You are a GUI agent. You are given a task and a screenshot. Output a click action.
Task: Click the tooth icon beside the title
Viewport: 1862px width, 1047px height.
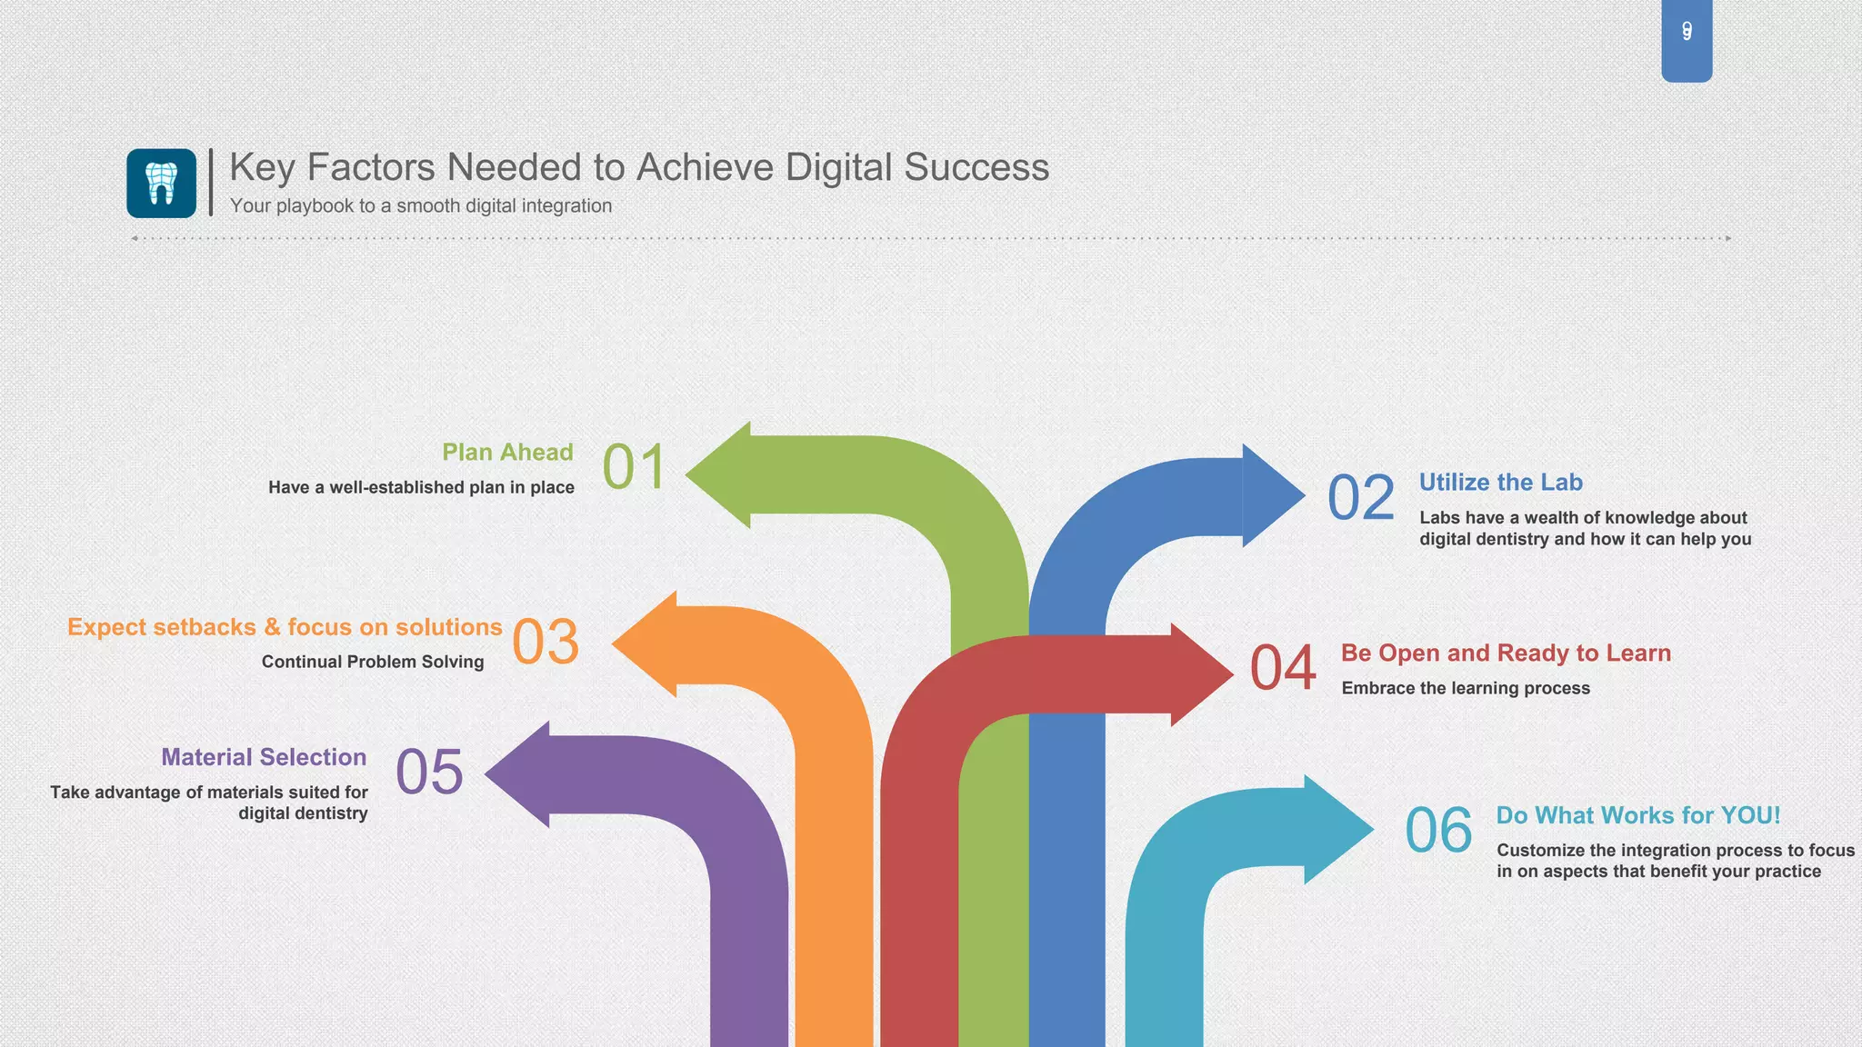click(x=161, y=183)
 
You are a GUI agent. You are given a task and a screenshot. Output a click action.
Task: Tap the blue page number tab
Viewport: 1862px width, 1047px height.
click(x=1687, y=40)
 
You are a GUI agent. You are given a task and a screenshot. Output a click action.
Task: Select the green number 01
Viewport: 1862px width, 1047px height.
click(x=635, y=467)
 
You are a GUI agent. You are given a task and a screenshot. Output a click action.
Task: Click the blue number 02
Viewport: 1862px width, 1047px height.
click(x=1361, y=498)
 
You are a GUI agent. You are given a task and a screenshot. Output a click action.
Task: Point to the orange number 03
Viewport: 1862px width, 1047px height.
click(x=546, y=642)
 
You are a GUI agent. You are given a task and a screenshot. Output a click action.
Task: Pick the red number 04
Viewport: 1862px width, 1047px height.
click(x=1283, y=668)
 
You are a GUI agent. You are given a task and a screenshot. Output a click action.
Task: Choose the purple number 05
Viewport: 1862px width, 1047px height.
click(x=429, y=773)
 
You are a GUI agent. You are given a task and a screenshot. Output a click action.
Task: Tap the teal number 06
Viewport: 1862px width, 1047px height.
click(x=1438, y=831)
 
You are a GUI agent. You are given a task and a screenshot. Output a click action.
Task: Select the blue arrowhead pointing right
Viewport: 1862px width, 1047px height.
click(x=1272, y=495)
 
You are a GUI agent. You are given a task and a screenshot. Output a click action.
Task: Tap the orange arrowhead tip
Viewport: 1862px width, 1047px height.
click(x=618, y=644)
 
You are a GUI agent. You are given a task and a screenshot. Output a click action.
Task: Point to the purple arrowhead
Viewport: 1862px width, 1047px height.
click(x=518, y=774)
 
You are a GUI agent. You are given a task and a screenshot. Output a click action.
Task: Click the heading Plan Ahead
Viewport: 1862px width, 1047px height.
click(x=507, y=452)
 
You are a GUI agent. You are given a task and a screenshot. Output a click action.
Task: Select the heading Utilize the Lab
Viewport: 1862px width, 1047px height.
click(x=1500, y=483)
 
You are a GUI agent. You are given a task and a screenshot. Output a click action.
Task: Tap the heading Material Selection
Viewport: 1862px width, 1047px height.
click(x=264, y=757)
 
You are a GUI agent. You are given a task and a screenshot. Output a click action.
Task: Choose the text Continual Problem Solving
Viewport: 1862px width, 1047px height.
click(x=373, y=662)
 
